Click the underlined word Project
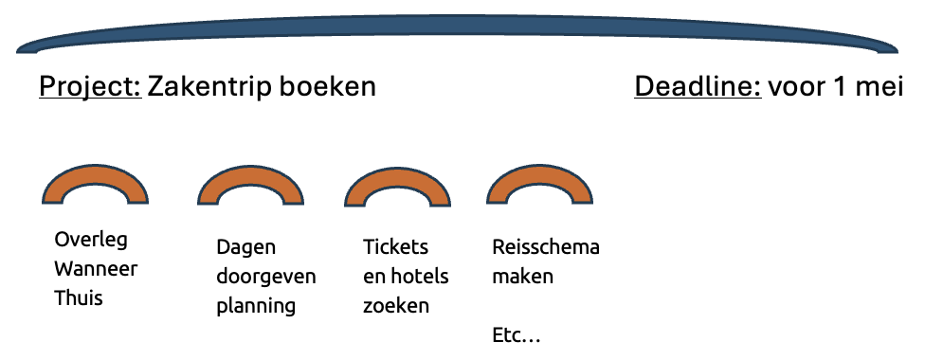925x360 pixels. point(89,87)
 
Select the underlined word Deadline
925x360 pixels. point(698,87)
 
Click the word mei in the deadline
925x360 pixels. point(882,87)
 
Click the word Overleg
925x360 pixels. point(91,239)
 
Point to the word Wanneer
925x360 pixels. point(96,268)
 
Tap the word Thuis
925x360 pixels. point(79,297)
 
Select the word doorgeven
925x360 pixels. point(265,277)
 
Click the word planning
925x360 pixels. point(256,306)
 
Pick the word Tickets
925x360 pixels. point(395,247)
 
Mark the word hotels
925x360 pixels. point(418,277)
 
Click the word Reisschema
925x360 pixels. point(546,247)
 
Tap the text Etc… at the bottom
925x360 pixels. point(517,334)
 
